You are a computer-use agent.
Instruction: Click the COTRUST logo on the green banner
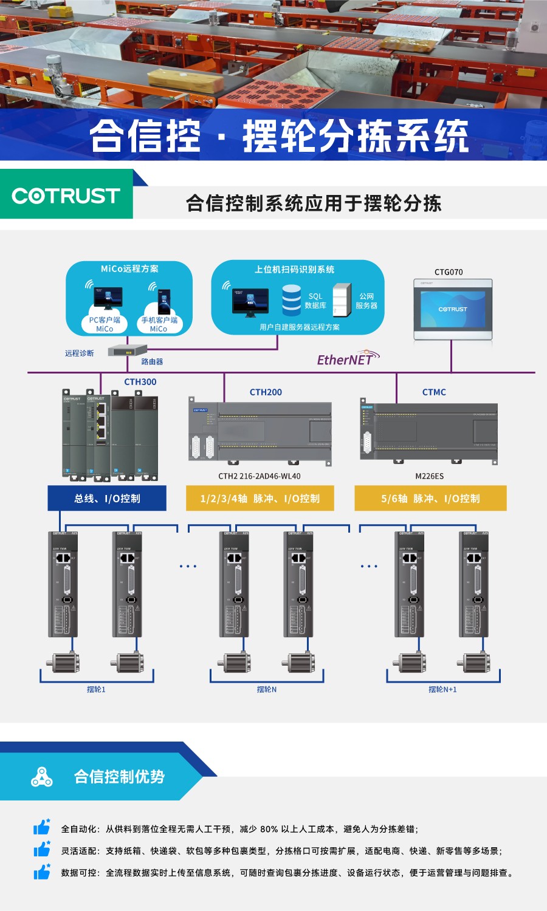point(66,196)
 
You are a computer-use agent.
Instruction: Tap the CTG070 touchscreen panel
point(453,309)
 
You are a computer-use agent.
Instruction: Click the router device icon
point(128,350)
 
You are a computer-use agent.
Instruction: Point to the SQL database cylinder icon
point(292,299)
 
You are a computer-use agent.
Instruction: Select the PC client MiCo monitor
point(108,298)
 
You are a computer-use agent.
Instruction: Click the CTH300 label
point(140,382)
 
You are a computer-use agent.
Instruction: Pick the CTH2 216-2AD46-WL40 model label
point(260,476)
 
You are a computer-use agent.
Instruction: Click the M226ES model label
point(429,476)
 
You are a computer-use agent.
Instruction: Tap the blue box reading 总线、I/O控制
point(107,499)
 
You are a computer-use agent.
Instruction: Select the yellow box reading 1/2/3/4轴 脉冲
point(260,499)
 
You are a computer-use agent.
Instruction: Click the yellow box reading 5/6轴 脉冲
point(430,499)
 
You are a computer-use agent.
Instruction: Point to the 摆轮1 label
point(96,689)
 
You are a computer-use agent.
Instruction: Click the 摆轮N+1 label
point(442,689)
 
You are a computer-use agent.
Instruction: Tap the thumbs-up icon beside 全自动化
point(41,827)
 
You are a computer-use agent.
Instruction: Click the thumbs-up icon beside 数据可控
point(41,872)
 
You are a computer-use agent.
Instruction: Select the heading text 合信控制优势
point(119,777)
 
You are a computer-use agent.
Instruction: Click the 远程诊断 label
point(80,353)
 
